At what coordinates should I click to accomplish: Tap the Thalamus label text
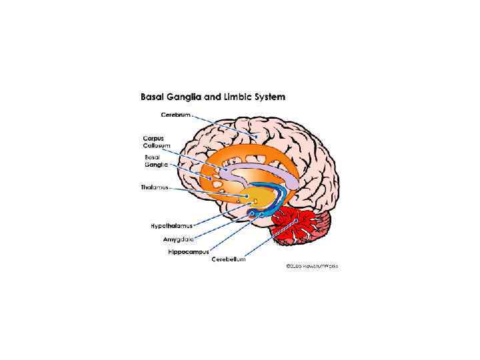(x=155, y=187)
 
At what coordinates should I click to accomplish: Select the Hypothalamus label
(x=173, y=226)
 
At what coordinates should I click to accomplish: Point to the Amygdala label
(x=178, y=239)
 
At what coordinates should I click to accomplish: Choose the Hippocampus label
(x=188, y=251)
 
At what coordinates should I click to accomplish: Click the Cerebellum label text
(x=228, y=259)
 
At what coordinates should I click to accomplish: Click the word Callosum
(x=157, y=145)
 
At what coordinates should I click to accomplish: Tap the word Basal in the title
(x=153, y=97)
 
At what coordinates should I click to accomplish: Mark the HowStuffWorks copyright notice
(x=312, y=265)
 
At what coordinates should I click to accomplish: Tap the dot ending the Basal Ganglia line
(x=212, y=179)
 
